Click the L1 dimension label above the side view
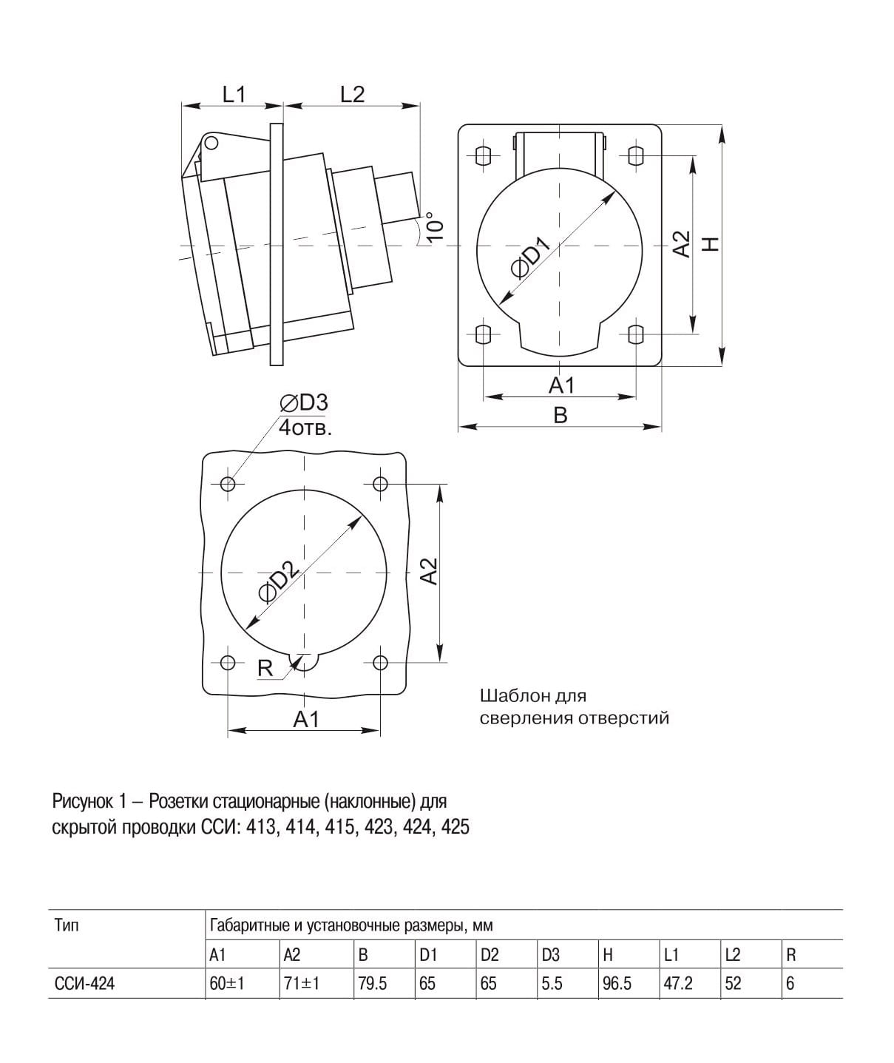click(x=234, y=94)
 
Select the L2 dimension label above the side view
click(x=352, y=94)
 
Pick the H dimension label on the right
click(x=710, y=244)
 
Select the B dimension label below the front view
click(x=560, y=415)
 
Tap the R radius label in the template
click(x=265, y=668)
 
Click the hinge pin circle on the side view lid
click(x=211, y=142)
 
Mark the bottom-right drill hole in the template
click(x=380, y=662)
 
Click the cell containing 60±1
click(x=227, y=984)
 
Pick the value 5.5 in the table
click(x=552, y=984)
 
